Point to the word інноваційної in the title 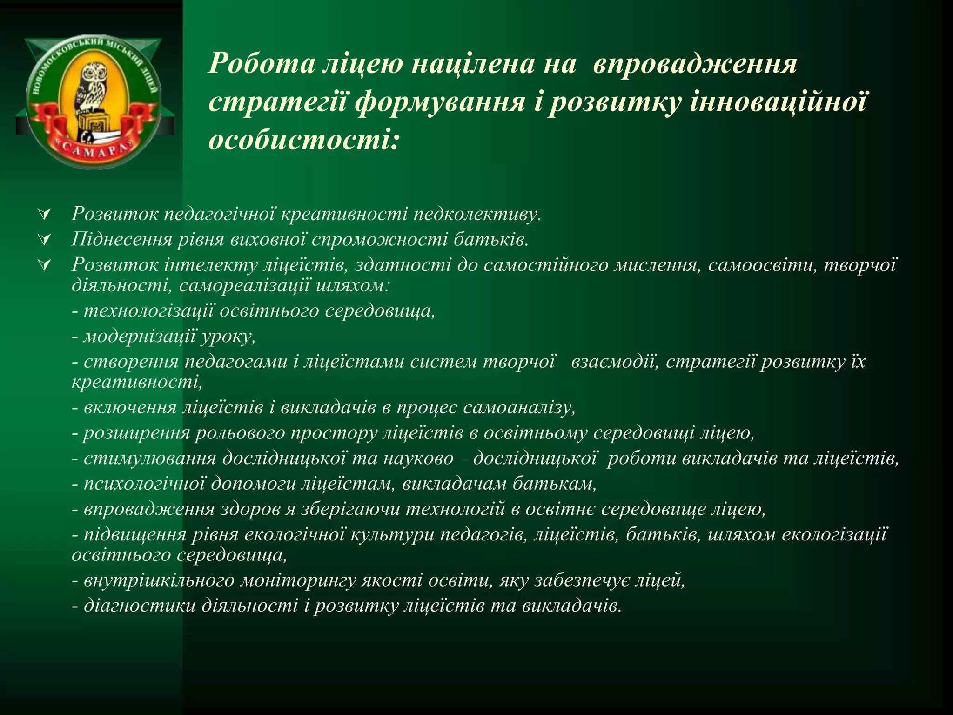pyautogui.click(x=778, y=102)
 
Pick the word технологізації pyautogui.click(x=149, y=310)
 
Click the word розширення pyautogui.click(x=137, y=433)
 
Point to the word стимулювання pyautogui.click(x=150, y=459)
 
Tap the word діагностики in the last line pyautogui.click(x=139, y=606)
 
